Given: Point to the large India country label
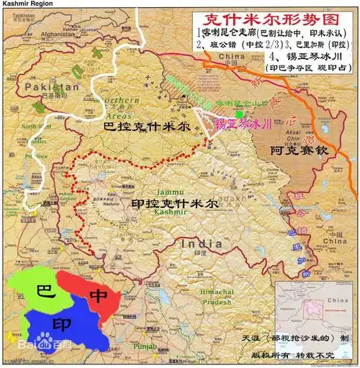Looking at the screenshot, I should click(x=202, y=245).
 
